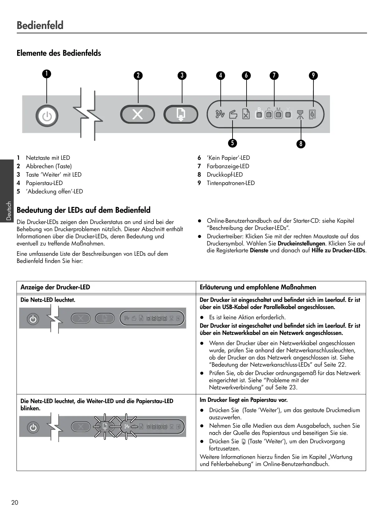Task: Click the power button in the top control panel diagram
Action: [47, 116]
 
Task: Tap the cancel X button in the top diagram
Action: [138, 114]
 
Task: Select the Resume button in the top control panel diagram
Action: [181, 114]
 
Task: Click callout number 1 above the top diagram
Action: [47, 74]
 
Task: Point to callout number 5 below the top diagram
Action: [232, 143]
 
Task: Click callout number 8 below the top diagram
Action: [301, 144]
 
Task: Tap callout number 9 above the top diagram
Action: [313, 75]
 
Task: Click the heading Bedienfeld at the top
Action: [40, 25]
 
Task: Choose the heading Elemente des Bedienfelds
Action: [59, 53]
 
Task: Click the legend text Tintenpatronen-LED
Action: [231, 183]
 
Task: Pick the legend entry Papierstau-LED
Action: [44, 183]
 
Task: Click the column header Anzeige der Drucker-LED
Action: [55, 287]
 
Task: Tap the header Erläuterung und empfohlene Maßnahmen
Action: [258, 287]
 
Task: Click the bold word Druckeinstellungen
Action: [301, 244]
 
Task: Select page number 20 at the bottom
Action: [15, 502]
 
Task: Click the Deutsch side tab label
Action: [9, 211]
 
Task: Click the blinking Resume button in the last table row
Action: [105, 426]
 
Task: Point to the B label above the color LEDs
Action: [259, 109]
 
